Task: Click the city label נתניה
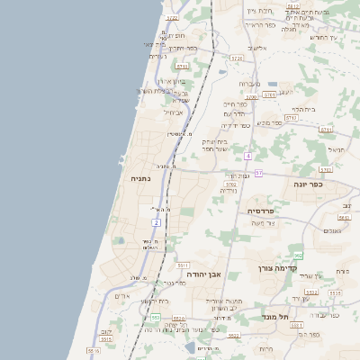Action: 141,178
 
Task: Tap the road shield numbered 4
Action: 247,156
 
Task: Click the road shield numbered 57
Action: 258,173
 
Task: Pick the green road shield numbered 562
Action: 298,256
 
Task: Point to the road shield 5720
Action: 237,58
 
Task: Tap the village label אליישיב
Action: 257,47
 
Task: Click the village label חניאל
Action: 336,149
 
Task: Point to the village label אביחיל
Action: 173,112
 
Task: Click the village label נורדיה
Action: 229,191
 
